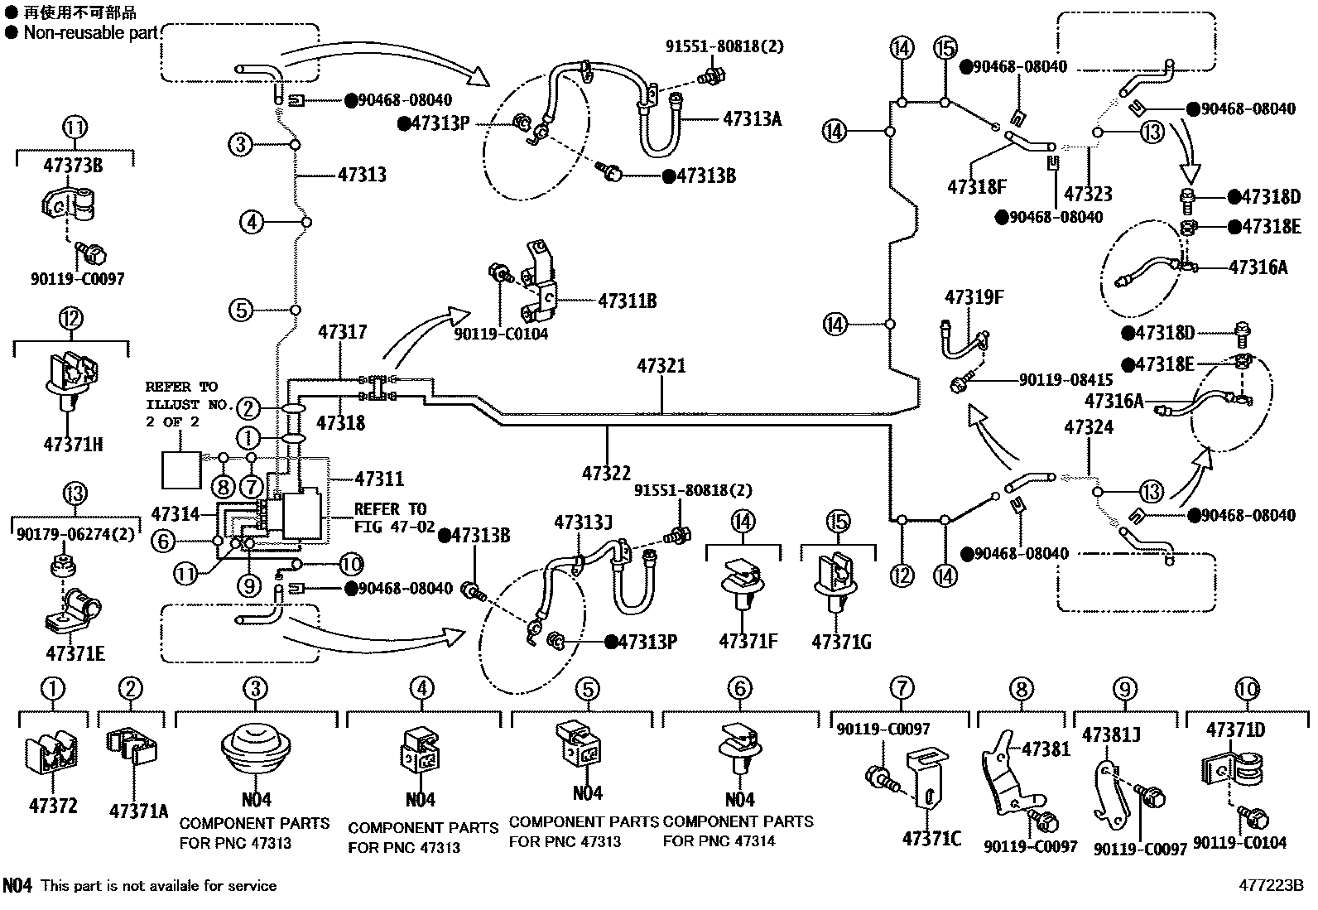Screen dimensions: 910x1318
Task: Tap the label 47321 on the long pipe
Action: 661,365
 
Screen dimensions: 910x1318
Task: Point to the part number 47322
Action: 606,474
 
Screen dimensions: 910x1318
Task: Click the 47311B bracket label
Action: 627,301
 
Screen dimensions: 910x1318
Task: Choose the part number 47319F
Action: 974,297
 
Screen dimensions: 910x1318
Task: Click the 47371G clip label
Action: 841,643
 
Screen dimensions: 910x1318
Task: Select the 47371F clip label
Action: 748,642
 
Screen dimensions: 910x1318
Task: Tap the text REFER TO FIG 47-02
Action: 389,518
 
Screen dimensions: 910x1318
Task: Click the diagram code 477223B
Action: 1272,885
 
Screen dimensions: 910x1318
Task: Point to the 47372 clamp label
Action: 54,806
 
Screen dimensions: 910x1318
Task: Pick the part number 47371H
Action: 73,445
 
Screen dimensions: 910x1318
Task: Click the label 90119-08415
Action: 1065,380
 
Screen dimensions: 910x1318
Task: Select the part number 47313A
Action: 752,118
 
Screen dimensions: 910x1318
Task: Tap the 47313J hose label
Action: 583,522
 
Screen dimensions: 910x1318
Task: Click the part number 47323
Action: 1088,195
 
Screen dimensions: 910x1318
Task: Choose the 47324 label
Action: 1089,428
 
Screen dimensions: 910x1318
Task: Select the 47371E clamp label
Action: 75,653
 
